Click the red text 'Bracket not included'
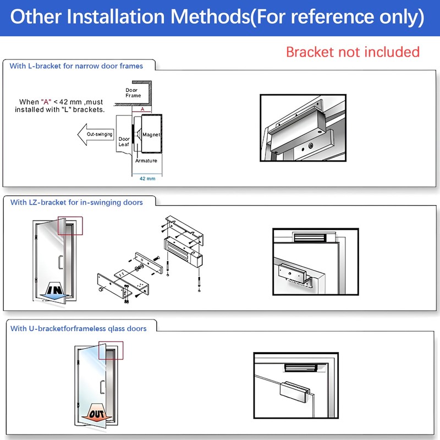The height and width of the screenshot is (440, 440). (x=353, y=52)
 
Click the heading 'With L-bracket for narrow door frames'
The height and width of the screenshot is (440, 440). (x=76, y=66)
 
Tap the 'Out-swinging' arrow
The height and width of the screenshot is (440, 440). (x=96, y=134)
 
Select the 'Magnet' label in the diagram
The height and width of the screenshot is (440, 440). (x=151, y=135)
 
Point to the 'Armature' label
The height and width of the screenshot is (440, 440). (x=146, y=161)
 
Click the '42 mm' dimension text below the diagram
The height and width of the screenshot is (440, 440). (x=147, y=179)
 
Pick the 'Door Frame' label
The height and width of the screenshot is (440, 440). (x=133, y=92)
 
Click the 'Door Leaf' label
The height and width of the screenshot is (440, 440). (x=124, y=142)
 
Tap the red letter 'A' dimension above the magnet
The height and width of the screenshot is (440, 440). (x=142, y=109)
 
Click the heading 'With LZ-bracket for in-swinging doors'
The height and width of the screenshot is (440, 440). (x=76, y=202)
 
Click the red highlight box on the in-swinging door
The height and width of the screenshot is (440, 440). (x=70, y=226)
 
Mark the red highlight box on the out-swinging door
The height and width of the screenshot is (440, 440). (x=111, y=350)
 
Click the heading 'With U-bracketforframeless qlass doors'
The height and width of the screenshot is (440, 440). (x=79, y=328)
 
